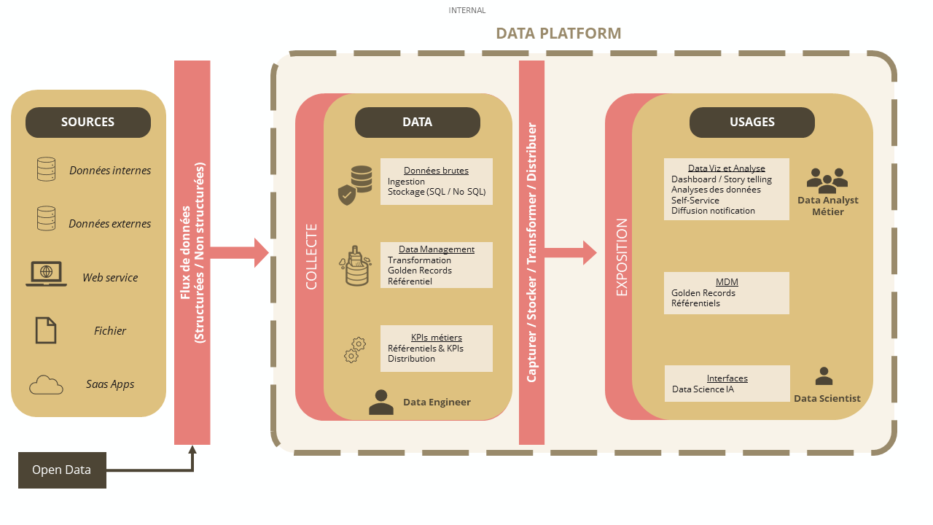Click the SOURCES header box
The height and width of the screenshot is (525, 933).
point(88,122)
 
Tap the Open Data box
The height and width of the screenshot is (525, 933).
point(62,470)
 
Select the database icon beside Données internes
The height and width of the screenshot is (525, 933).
point(46,169)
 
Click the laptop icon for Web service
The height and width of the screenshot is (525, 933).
point(46,274)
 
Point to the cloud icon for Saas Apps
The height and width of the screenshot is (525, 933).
point(46,384)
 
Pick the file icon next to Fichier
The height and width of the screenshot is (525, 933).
point(46,330)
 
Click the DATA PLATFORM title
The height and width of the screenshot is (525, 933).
point(558,34)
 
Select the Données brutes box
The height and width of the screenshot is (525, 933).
point(436,182)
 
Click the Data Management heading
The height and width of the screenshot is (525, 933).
point(436,249)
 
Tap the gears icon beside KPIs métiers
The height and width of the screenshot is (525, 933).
point(354,350)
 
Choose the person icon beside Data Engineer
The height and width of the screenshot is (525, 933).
point(381,402)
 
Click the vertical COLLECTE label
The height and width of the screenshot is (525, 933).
point(311,257)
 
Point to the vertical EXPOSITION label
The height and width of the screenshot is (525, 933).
point(622,257)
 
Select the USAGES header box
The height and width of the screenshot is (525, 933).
point(752,122)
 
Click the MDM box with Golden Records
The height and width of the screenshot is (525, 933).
point(726,293)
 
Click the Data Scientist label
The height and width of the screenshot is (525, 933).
point(827,399)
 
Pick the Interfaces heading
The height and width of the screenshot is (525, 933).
point(727,378)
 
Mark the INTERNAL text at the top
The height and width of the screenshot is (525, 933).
point(467,10)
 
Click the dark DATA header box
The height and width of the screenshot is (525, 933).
point(417,122)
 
